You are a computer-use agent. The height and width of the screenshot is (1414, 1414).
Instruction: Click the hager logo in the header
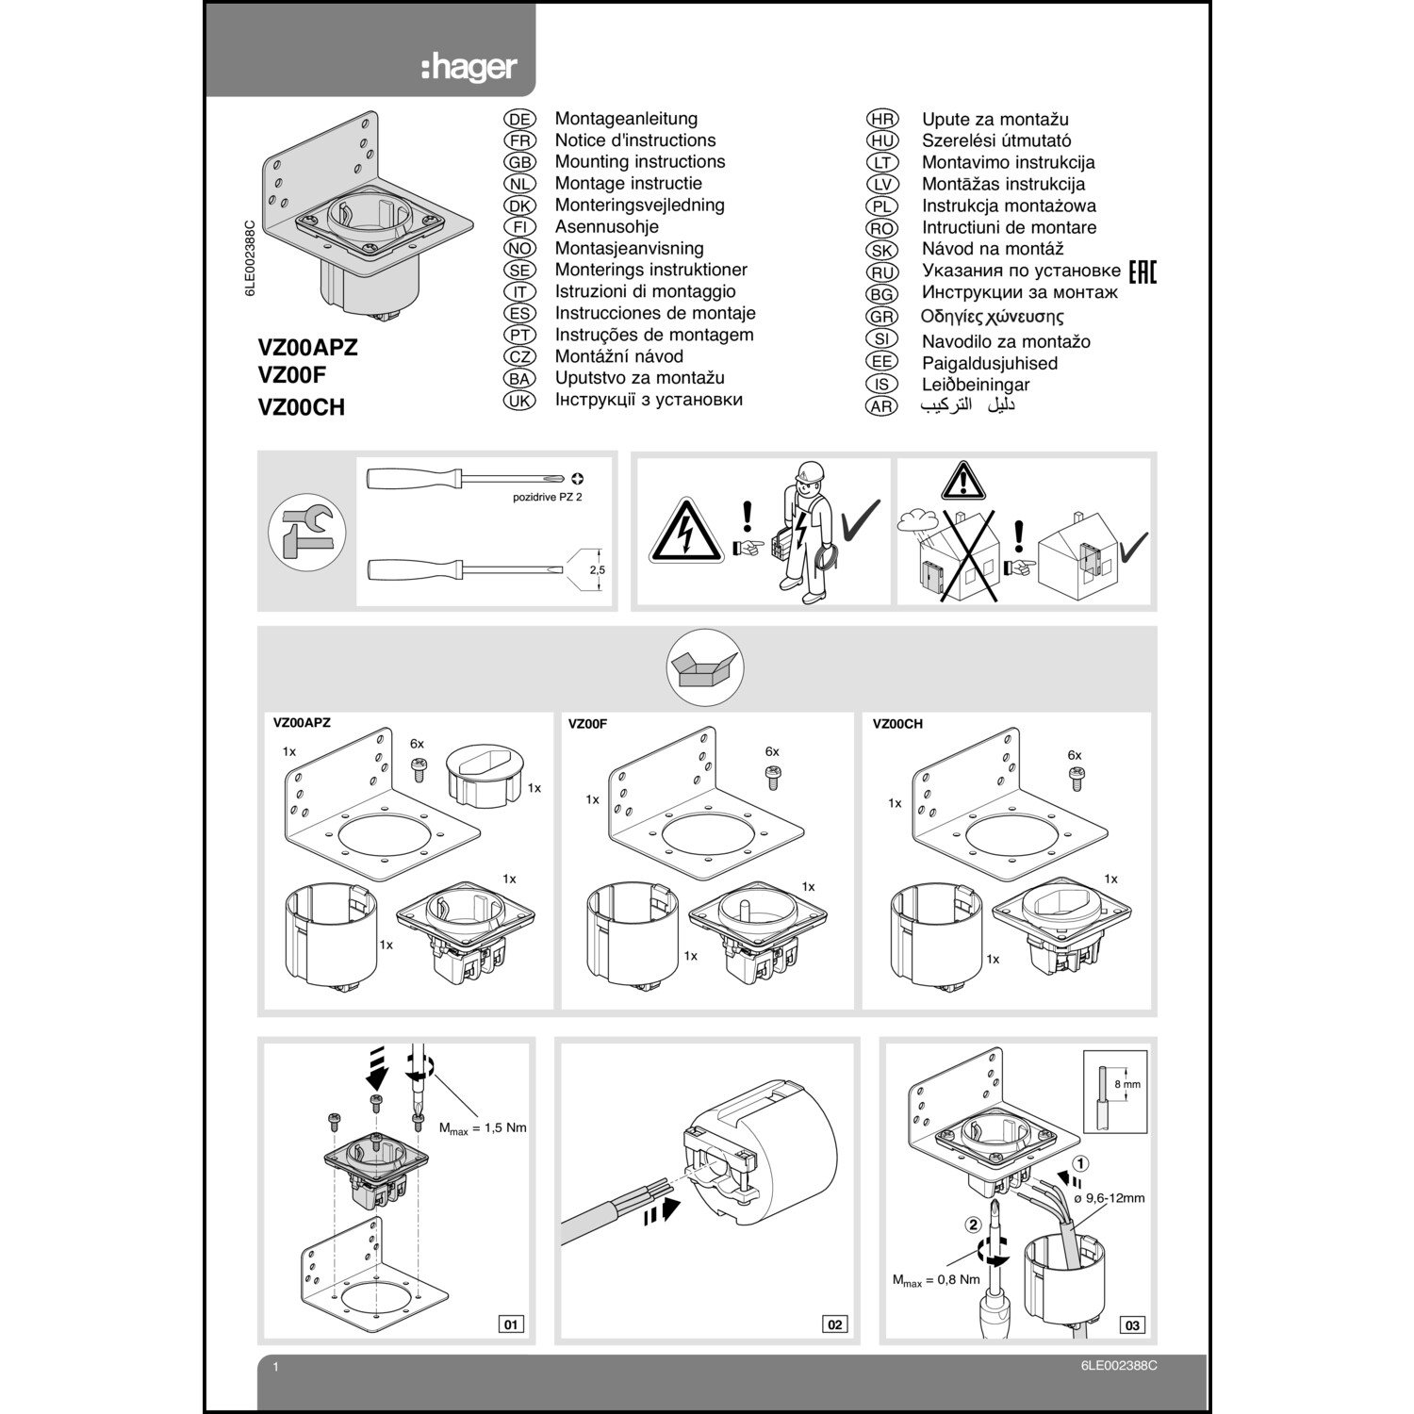pos(469,67)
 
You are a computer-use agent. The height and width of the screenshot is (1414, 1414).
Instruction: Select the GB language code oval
pos(519,162)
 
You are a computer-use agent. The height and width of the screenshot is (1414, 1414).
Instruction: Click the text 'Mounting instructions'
pos(639,162)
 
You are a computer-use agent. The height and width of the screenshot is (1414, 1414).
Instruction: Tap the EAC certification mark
pos(1142,271)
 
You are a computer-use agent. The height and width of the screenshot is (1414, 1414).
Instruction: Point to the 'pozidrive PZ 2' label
pos(547,497)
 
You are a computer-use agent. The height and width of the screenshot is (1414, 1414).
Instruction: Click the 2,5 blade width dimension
pos(597,570)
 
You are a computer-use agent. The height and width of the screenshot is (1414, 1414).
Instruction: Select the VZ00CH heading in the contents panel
pos(897,724)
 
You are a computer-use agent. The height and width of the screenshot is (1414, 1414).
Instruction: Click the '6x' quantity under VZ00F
pos(772,751)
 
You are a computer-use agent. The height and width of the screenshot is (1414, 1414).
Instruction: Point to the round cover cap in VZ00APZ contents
pos(483,773)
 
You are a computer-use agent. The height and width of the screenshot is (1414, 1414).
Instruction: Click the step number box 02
pos(835,1324)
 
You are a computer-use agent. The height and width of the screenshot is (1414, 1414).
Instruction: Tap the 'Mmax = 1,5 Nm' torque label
pos(483,1127)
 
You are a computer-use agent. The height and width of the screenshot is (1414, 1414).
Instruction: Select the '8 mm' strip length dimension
pos(1127,1084)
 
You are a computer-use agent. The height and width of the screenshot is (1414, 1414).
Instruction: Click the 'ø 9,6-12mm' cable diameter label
pos(1109,1198)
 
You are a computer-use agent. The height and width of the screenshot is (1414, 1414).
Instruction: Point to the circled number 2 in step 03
pos(973,1225)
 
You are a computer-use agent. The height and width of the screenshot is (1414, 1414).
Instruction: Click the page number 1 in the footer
pos(275,1366)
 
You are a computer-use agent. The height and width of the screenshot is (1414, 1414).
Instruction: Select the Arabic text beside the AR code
pos(968,405)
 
